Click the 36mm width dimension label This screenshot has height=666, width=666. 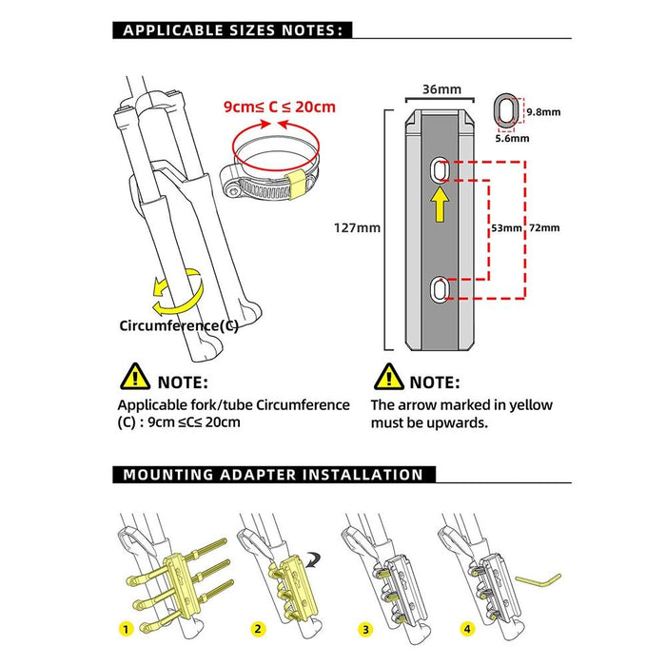point(441,89)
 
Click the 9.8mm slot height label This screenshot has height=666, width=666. point(542,111)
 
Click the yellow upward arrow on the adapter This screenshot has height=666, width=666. point(440,205)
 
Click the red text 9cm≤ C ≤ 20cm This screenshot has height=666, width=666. point(280,106)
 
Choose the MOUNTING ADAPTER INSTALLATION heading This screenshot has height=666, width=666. point(273,474)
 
